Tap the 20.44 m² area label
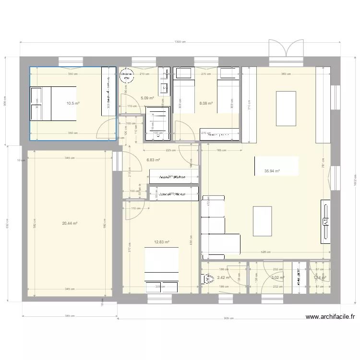click(70, 223)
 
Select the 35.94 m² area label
click(272, 171)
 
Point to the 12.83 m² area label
click(162, 242)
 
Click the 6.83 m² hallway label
click(153, 160)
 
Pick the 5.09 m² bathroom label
click(147, 98)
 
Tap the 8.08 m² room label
click(206, 102)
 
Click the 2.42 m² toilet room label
click(224, 277)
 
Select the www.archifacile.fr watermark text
click(330, 317)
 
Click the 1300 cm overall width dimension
click(180, 42)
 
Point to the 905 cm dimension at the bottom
click(228, 319)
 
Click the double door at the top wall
click(286, 49)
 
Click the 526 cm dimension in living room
click(266, 252)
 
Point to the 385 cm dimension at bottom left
click(69, 316)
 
